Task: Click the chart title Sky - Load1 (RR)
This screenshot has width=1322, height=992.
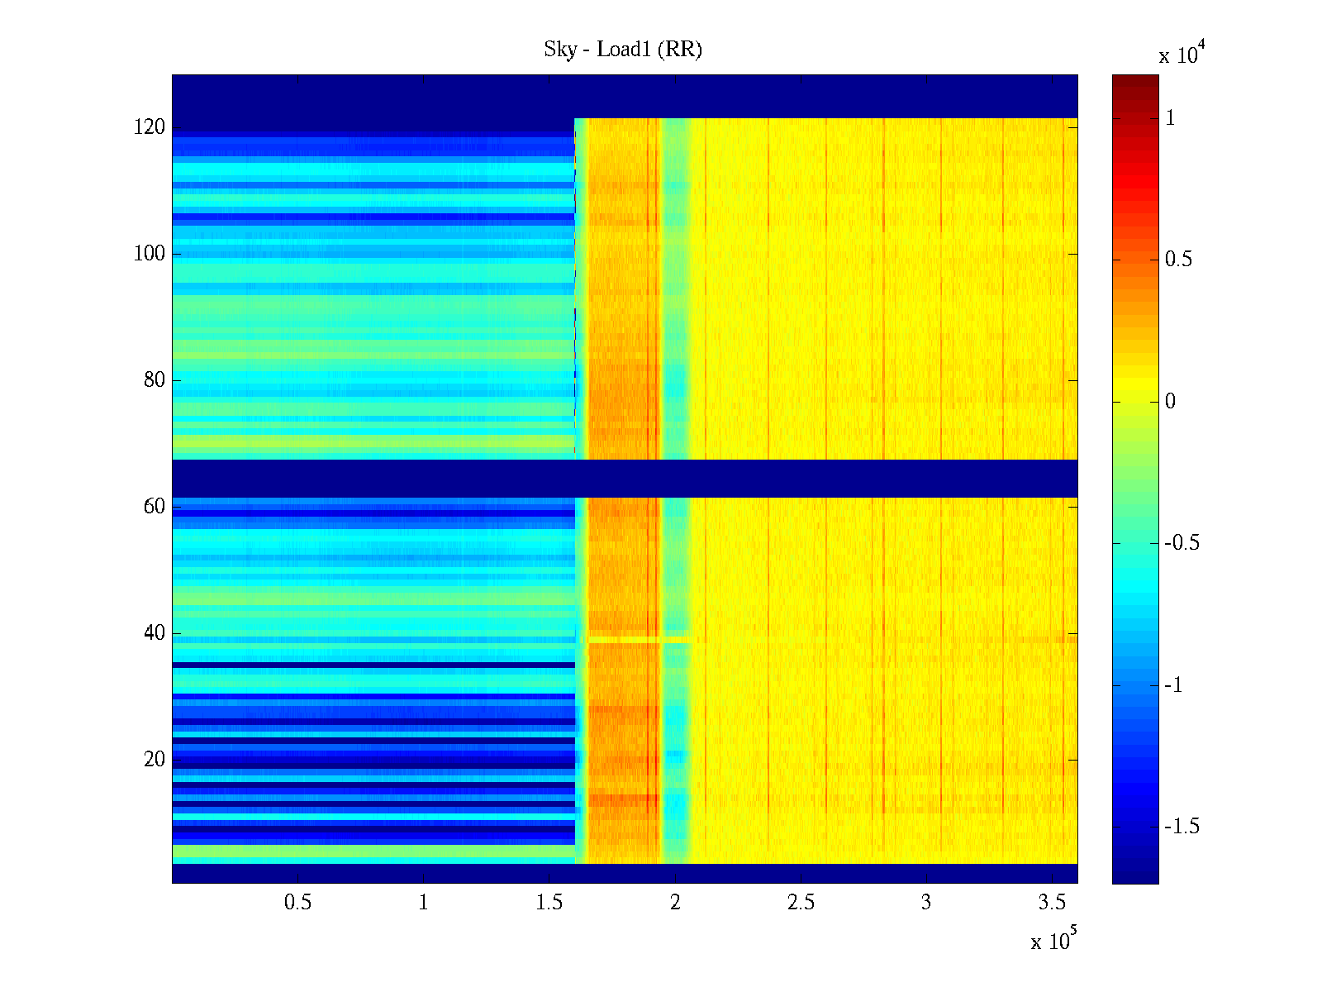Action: click(x=622, y=50)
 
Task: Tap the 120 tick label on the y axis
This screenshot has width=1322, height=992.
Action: click(x=149, y=127)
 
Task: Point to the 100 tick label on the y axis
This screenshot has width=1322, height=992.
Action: click(x=149, y=254)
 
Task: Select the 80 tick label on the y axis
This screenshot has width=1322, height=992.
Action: click(x=154, y=380)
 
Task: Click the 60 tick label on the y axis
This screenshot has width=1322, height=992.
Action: click(x=154, y=507)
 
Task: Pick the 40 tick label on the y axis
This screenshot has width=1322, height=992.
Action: click(x=154, y=633)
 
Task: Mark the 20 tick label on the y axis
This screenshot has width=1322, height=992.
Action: click(x=154, y=760)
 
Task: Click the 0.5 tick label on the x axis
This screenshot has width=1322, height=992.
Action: click(x=297, y=903)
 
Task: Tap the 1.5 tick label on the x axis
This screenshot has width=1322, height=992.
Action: click(x=549, y=903)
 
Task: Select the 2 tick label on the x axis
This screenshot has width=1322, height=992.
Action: click(x=675, y=903)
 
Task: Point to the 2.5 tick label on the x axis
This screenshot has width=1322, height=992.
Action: click(x=800, y=903)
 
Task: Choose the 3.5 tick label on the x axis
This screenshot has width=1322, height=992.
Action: click(x=1051, y=903)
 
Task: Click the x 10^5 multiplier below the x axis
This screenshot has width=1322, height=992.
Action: click(x=1053, y=941)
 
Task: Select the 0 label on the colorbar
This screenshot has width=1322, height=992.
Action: click(x=1169, y=402)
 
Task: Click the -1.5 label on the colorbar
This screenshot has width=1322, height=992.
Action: click(x=1182, y=827)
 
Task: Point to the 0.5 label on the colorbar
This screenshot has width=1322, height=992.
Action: click(x=1178, y=260)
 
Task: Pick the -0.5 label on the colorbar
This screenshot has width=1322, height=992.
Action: click(x=1182, y=543)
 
